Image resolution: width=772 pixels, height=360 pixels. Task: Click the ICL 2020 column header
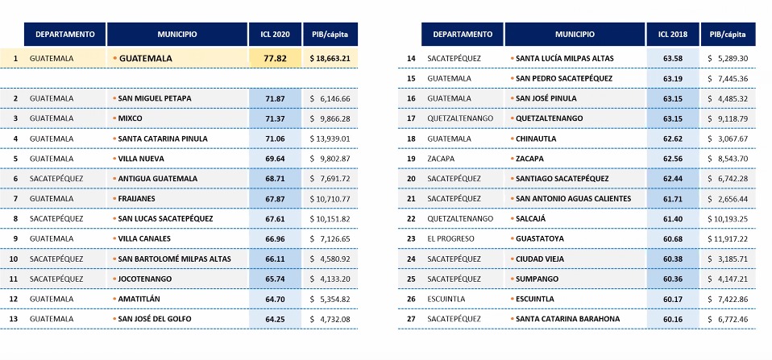pos(276,34)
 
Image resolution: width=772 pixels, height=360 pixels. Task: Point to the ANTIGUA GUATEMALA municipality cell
pos(154,178)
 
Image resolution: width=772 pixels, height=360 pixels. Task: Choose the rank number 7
pos(15,198)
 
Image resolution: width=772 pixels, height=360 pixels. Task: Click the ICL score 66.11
pos(276,259)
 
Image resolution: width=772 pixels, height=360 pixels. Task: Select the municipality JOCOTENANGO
pos(145,278)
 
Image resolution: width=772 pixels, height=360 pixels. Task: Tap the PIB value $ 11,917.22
pos(727,238)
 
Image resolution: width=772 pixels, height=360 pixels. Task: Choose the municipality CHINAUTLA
pos(538,138)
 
